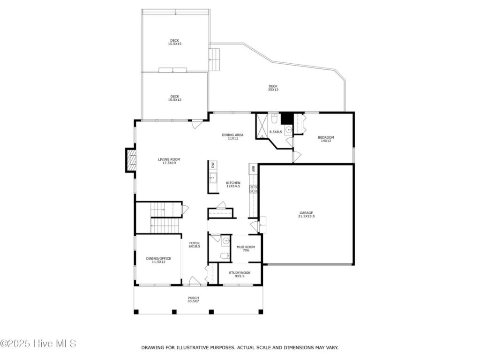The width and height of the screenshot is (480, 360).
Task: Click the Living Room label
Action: pyautogui.click(x=169, y=161)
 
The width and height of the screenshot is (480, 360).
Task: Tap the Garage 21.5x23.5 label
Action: pyautogui.click(x=307, y=214)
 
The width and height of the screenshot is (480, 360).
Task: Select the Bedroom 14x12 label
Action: pyautogui.click(x=326, y=139)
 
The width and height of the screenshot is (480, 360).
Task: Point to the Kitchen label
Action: pyautogui.click(x=233, y=184)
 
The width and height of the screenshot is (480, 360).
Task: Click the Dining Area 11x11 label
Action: pyautogui.click(x=232, y=136)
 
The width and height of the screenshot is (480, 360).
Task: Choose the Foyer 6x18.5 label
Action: pyautogui.click(x=195, y=245)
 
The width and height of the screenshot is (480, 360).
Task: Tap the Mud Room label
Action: pyautogui.click(x=246, y=248)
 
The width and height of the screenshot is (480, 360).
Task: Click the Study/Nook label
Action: pyautogui.click(x=240, y=274)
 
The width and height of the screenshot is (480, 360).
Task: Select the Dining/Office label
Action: pyautogui.click(x=158, y=260)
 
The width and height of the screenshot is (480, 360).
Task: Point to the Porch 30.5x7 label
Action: pyautogui.click(x=193, y=300)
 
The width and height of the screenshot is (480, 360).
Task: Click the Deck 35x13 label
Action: pyautogui.click(x=273, y=88)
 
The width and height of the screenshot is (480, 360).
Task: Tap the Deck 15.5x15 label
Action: pyautogui.click(x=174, y=42)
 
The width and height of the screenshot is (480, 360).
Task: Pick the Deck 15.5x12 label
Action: pyautogui.click(x=174, y=98)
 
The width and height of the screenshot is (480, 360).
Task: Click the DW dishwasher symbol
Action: pyautogui.click(x=213, y=165)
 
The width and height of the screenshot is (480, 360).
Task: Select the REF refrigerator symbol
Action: pyautogui.click(x=253, y=169)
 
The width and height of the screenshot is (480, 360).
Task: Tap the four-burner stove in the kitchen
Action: pyautogui.click(x=254, y=189)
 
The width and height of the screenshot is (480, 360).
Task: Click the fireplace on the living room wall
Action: pyautogui.click(x=131, y=160)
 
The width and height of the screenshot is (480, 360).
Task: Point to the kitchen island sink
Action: pyautogui.click(x=213, y=177)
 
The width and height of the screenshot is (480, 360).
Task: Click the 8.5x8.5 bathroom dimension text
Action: pyautogui.click(x=276, y=132)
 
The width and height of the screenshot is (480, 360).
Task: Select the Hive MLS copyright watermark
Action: pyautogui.click(x=38, y=344)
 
